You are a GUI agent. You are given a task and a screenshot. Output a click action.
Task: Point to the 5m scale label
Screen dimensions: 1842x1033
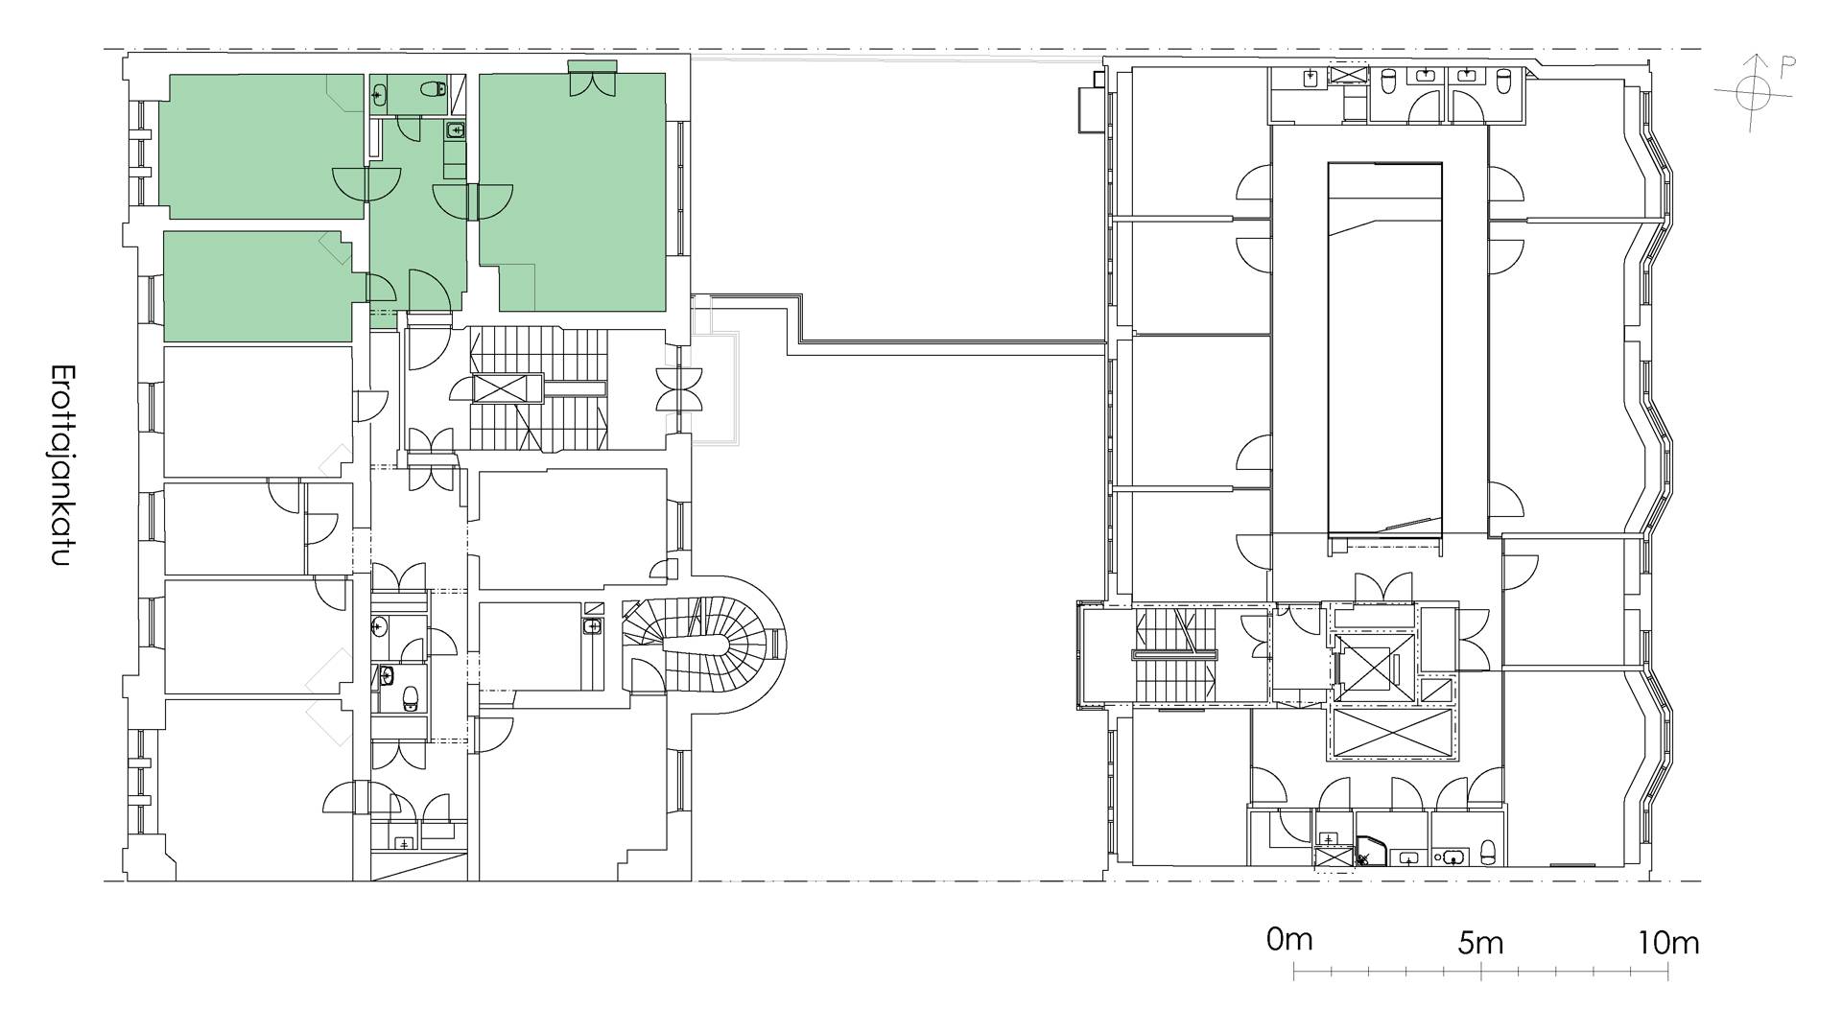1480,942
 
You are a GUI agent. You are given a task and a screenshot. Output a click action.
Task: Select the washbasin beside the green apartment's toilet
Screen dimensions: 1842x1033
380,93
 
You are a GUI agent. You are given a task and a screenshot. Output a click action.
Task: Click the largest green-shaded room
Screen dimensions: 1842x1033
573,192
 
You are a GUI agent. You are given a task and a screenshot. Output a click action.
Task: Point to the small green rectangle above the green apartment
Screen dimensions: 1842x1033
591,64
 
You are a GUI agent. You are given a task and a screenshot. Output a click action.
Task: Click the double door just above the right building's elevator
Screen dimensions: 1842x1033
1383,586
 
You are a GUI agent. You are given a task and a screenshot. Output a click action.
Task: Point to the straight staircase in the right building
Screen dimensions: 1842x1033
1175,657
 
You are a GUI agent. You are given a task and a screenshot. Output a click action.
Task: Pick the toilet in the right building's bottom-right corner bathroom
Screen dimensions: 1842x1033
1488,850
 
